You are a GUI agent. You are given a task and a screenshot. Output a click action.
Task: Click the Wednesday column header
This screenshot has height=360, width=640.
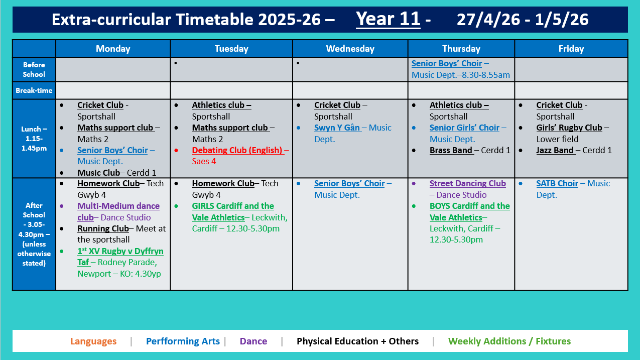pyautogui.click(x=350, y=49)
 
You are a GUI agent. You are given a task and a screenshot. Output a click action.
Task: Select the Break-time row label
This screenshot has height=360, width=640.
pyautogui.click(x=34, y=90)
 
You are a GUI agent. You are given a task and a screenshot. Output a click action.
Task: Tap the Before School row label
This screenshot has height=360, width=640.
pyautogui.click(x=34, y=69)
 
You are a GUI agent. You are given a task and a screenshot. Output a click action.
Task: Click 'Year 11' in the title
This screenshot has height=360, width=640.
pyautogui.click(x=388, y=19)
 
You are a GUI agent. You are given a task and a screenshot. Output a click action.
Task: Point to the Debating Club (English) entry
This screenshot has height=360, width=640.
pyautogui.click(x=237, y=150)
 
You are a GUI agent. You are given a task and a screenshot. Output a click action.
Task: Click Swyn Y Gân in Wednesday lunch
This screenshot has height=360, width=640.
pyautogui.click(x=337, y=128)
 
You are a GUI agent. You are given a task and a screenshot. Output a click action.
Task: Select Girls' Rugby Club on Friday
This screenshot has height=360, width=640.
pyautogui.click(x=569, y=128)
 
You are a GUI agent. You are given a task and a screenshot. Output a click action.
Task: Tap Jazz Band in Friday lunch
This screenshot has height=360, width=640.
pyautogui.click(x=555, y=150)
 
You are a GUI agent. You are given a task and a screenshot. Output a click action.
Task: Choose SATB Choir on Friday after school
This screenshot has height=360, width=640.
pyautogui.click(x=557, y=183)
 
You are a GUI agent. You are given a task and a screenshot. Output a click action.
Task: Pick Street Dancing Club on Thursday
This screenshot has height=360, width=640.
pyautogui.click(x=467, y=183)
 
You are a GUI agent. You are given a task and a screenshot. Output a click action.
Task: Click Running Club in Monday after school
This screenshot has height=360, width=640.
pyautogui.click(x=103, y=228)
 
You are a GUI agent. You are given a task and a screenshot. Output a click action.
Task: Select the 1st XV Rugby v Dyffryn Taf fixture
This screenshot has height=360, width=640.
pyautogui.click(x=120, y=251)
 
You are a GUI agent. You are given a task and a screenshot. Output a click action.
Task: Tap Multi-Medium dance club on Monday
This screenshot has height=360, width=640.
pyautogui.click(x=118, y=206)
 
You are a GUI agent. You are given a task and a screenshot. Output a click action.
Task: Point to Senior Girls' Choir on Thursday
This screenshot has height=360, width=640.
pyautogui.click(x=464, y=128)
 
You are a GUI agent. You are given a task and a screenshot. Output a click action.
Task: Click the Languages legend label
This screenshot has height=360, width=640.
pyautogui.click(x=93, y=341)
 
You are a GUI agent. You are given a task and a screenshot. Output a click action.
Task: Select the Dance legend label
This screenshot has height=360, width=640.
pyautogui.click(x=253, y=341)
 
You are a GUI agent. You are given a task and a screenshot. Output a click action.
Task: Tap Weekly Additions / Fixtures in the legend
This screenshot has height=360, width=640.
pyautogui.click(x=509, y=341)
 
